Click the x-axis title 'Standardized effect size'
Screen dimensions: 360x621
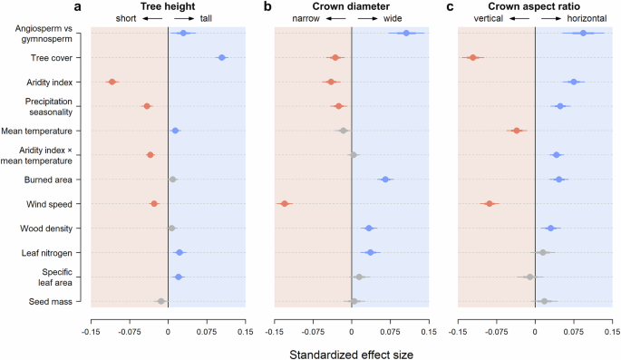coord(351,353)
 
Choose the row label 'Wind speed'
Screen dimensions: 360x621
coord(61,204)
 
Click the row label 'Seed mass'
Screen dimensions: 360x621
coord(62,301)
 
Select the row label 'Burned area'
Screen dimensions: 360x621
coord(60,180)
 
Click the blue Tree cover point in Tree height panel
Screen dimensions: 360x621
coord(221,58)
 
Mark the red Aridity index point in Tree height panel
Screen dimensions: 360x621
coord(112,82)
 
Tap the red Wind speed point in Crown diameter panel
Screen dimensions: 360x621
coord(285,203)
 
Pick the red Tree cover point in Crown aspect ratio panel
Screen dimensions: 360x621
coord(472,57)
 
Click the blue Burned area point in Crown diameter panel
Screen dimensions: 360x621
coord(385,180)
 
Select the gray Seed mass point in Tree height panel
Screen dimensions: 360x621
coord(161,301)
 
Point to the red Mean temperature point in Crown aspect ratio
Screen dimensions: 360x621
coord(516,131)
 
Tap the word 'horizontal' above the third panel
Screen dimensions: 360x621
coord(588,18)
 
